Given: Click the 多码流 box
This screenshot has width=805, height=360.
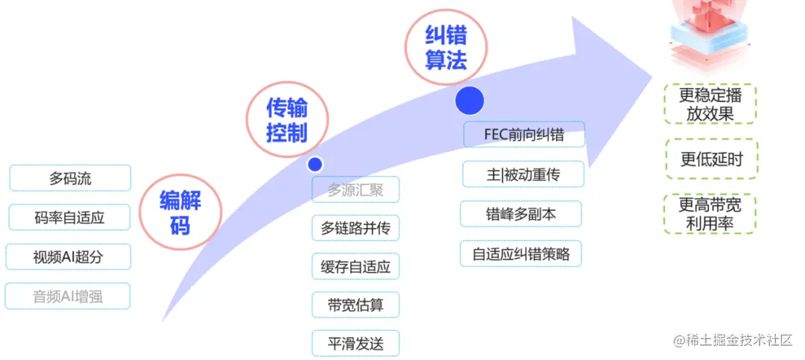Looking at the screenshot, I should click(x=70, y=178).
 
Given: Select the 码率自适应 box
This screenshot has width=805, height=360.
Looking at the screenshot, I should click(x=69, y=218).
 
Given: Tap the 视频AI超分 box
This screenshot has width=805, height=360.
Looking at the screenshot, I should click(x=69, y=257).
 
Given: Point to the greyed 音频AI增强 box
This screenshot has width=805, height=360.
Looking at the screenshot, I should click(x=68, y=296).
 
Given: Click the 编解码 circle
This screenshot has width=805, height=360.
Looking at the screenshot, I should click(x=180, y=212).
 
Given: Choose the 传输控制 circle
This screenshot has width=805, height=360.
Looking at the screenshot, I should click(x=287, y=122).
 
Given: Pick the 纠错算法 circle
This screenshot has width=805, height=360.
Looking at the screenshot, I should click(x=446, y=48).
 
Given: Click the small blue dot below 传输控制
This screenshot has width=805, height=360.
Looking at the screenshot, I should click(x=315, y=164).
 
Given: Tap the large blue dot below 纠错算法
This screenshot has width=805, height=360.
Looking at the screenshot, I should click(x=470, y=100).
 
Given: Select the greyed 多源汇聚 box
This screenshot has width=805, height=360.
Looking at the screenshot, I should click(x=356, y=189).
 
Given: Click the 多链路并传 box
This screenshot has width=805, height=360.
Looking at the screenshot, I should click(x=356, y=228).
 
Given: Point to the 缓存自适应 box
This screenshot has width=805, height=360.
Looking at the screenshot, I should click(x=356, y=266).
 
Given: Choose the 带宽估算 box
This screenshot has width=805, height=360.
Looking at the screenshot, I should click(x=356, y=305).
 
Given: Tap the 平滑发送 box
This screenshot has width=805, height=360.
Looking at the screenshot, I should click(x=356, y=343).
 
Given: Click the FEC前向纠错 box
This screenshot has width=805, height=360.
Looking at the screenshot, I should click(x=523, y=135).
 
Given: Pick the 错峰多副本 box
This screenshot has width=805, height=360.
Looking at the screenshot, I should click(x=522, y=214).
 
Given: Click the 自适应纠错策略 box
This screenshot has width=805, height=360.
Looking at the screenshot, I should click(x=521, y=254).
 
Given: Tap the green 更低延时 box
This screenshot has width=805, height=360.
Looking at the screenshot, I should click(x=710, y=159).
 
